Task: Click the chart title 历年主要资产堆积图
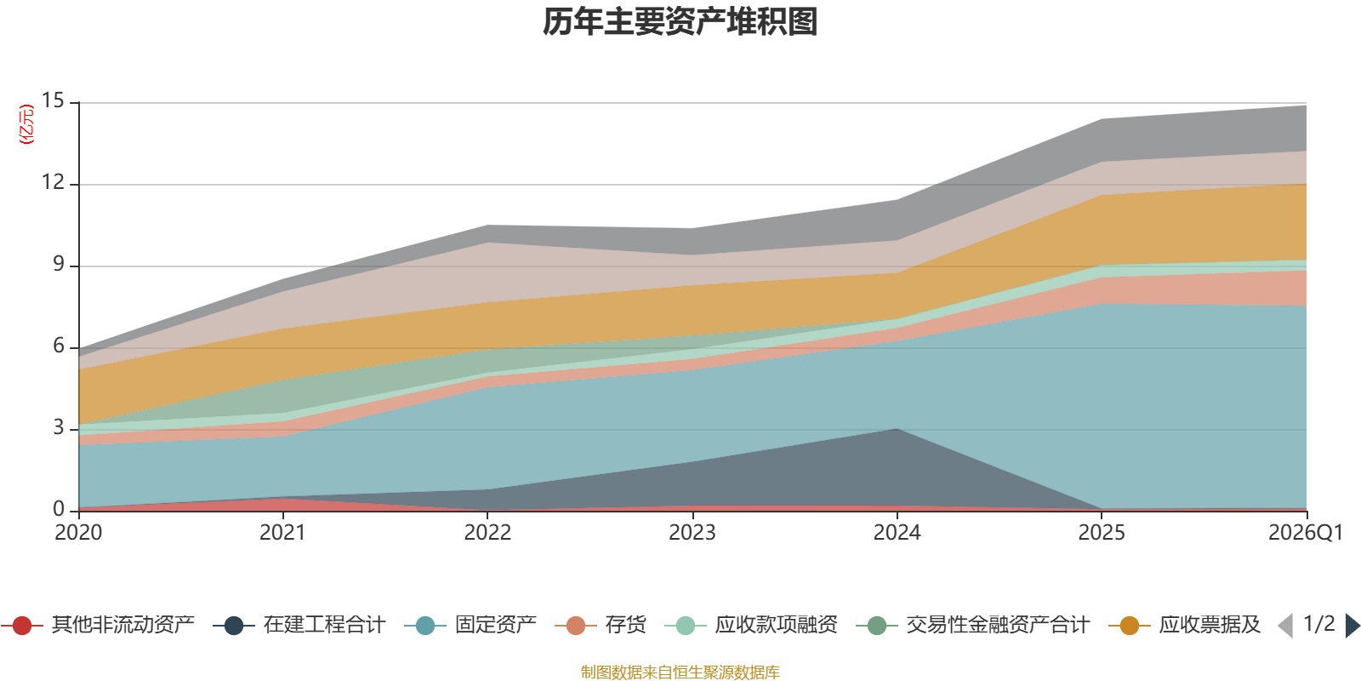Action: coord(680,22)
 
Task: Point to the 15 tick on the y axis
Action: coord(53,101)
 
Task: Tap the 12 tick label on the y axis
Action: coord(53,182)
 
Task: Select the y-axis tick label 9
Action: coord(59,264)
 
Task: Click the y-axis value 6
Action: coord(59,346)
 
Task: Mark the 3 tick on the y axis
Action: coord(59,427)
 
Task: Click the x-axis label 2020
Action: coord(78,533)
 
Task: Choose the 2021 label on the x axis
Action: coord(283,533)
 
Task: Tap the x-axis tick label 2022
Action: coord(488,533)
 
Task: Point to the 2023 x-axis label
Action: coord(692,533)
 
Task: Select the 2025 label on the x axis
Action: coord(1102,533)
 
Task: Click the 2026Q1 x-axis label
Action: coord(1306,533)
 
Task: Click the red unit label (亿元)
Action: coord(26,124)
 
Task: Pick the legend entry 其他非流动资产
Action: coord(99,625)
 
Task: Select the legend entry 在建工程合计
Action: coord(299,625)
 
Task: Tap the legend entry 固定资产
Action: coord(470,625)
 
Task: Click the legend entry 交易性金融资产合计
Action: coord(973,625)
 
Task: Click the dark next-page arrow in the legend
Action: coord(1352,626)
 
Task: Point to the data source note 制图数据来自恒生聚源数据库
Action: coord(680,672)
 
